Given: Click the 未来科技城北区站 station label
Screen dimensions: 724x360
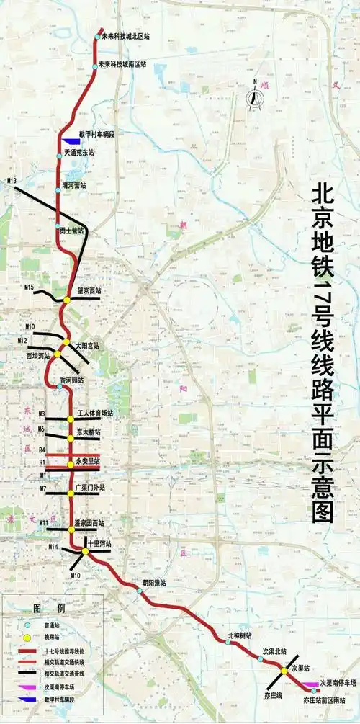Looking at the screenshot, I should pos(129,35).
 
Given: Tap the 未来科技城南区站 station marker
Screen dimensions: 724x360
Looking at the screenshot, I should pos(96,66).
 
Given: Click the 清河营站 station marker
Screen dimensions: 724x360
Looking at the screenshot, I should pos(58,189).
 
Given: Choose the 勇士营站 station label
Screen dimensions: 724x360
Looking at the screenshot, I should pos(72,231).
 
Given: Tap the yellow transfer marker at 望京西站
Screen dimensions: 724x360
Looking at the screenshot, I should pos(66,300).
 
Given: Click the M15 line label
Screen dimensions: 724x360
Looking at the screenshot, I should pos(30,288).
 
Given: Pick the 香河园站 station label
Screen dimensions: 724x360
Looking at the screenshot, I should pos(71,380).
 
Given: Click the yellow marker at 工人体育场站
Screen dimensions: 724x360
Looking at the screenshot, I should pos(71,419).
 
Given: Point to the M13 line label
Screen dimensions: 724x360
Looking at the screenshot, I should pos(12,179).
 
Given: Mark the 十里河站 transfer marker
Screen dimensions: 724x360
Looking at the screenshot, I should pos(85,552).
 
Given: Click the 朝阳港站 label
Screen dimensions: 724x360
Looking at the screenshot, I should pos(153,582).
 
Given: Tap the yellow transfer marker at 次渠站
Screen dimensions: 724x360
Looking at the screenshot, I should pos(284,671).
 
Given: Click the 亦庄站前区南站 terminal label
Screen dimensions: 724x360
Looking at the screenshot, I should pos(329,700).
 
